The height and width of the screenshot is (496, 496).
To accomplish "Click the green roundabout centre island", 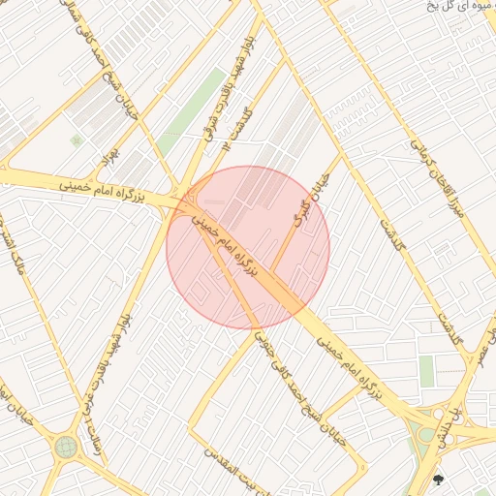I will coord(66,447).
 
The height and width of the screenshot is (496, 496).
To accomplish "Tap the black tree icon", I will coord(439,478).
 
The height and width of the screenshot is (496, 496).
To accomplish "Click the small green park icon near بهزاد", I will coord(77,140).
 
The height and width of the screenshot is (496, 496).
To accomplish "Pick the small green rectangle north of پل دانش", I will coord(426,370).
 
